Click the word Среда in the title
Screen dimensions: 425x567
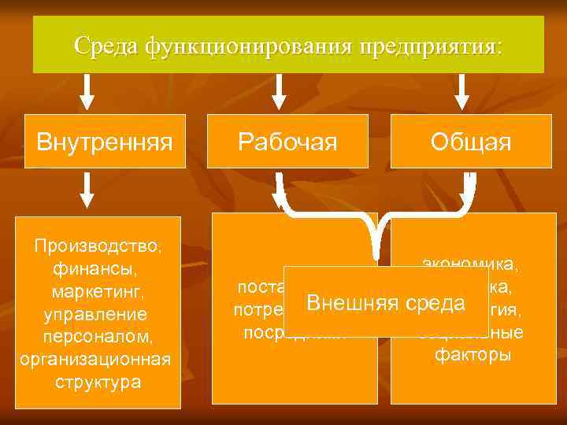click(107, 46)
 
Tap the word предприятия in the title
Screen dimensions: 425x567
click(429, 46)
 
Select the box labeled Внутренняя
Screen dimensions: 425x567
click(105, 142)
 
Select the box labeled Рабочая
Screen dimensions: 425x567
click(288, 142)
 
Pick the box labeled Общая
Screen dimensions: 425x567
click(471, 142)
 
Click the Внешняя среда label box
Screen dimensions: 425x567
click(386, 302)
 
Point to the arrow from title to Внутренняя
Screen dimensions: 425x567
click(89, 91)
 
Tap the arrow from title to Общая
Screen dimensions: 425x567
click(463, 91)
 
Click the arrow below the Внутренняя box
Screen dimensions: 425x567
click(89, 190)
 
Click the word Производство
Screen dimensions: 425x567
click(98, 247)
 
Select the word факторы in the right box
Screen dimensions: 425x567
click(472, 355)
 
